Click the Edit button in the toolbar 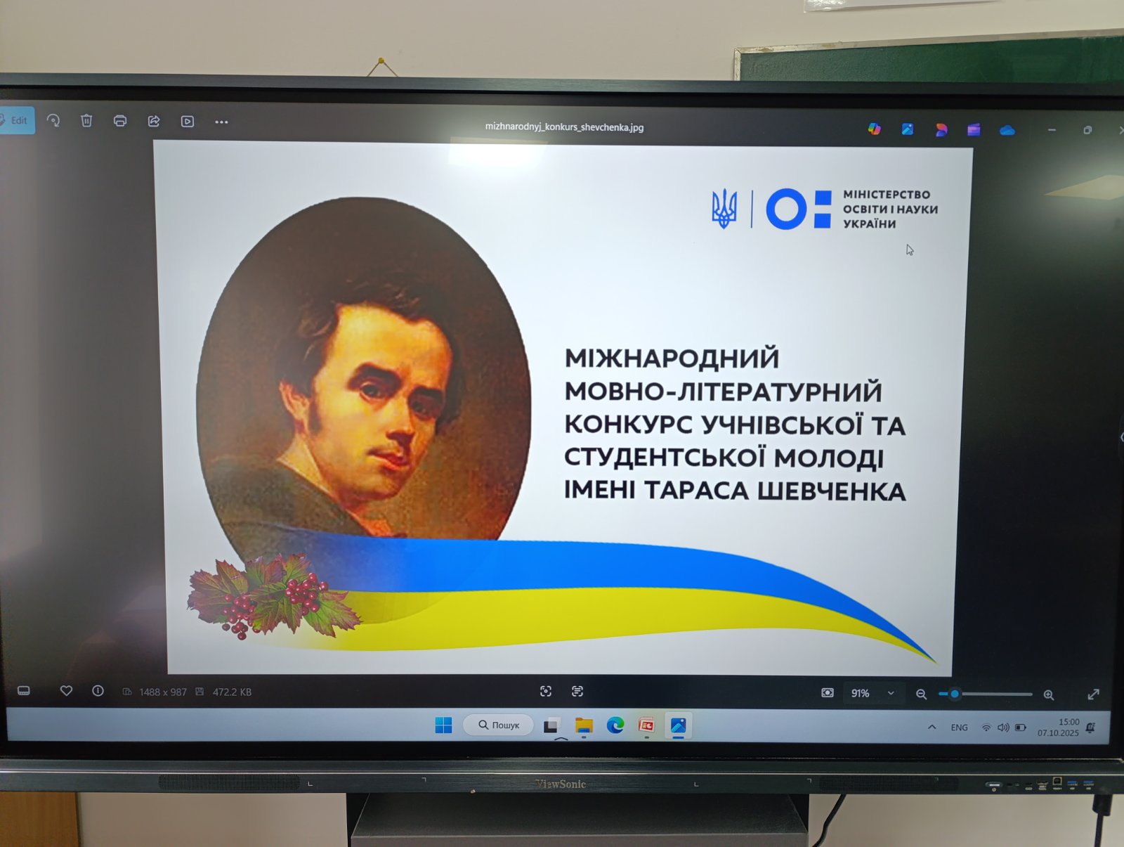click(17, 120)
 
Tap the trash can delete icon click(86, 121)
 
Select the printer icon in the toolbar click(120, 121)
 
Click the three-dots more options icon click(221, 122)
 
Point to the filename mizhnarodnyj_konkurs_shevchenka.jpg click(564, 127)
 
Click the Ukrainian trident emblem click(724, 209)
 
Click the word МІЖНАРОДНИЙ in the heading click(672, 358)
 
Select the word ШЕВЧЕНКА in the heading click(832, 491)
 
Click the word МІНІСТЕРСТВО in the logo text click(887, 195)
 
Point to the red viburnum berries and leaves click(273, 597)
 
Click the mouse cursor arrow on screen click(910, 250)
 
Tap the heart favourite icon click(66, 691)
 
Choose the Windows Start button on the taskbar click(443, 725)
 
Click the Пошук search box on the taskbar click(498, 725)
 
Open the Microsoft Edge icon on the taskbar click(615, 725)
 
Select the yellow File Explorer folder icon click(584, 725)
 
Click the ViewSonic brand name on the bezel click(560, 784)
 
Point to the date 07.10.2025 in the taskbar click(1058, 733)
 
